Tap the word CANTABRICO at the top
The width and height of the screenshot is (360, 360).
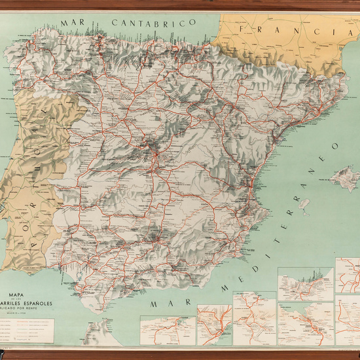coord(154,22)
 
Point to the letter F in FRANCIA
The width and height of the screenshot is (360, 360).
coord(244,29)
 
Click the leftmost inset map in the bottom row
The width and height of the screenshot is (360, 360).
coord(167,331)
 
